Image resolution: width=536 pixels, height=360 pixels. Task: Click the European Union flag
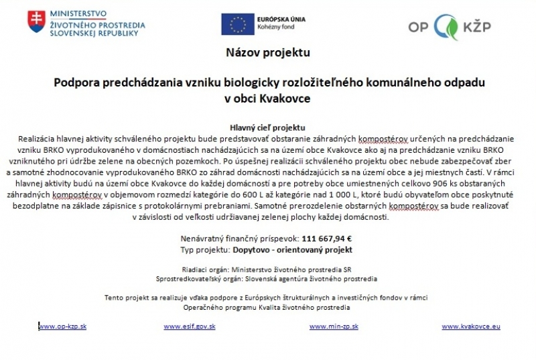(237, 24)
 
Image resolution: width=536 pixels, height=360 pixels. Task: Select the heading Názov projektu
(268, 52)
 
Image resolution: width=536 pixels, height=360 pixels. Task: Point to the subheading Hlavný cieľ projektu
(268, 126)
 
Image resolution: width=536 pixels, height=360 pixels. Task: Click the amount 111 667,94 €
(327, 238)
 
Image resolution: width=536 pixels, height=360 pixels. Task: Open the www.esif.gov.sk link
(189, 326)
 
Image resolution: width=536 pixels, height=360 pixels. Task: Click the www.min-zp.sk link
(334, 326)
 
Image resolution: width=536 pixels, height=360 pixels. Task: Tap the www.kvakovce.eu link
(471, 326)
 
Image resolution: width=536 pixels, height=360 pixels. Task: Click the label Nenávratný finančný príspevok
(239, 238)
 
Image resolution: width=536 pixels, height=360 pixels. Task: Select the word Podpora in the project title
(76, 82)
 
